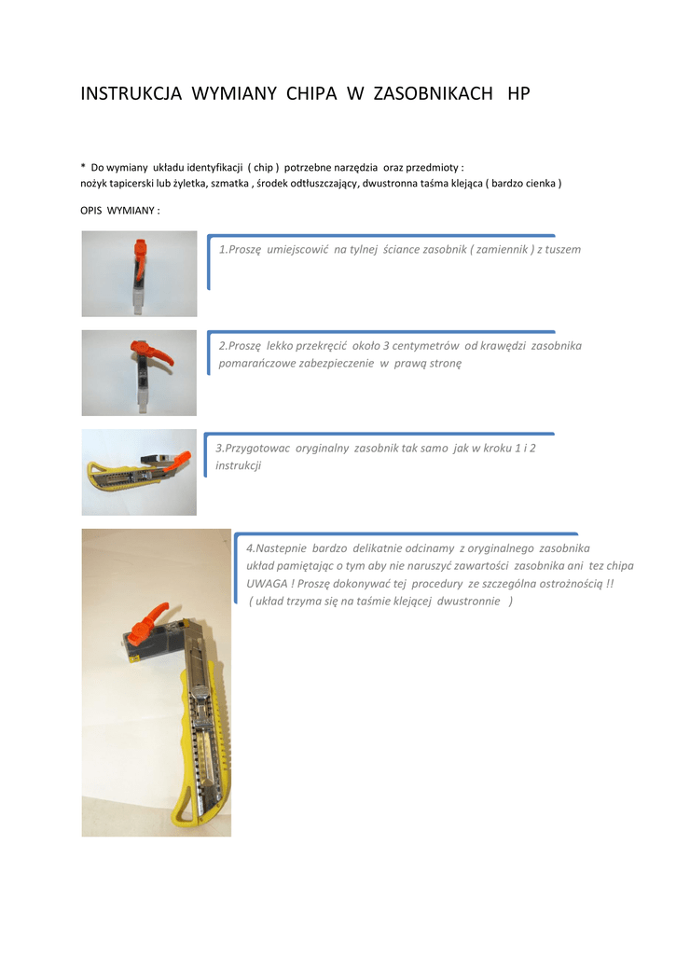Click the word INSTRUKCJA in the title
131,93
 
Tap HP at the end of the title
518,93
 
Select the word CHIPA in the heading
311,93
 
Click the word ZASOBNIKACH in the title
433,93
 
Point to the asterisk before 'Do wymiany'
83,166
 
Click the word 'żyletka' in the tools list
189,184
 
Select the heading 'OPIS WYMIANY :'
120,211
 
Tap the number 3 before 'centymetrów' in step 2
386,346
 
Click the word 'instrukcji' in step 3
238,465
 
